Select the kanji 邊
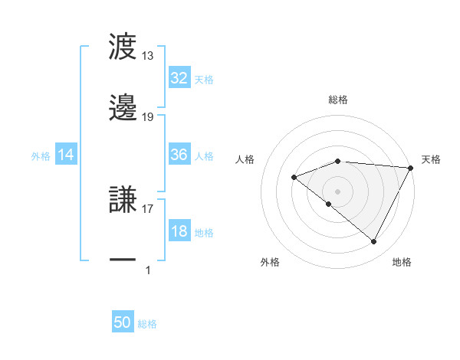(x=123, y=108)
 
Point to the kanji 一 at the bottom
(x=123, y=260)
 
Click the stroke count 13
(x=148, y=56)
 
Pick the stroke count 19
(x=148, y=116)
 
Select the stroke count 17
(x=148, y=208)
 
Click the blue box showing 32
(x=179, y=78)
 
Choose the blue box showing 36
(x=179, y=155)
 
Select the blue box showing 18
(x=179, y=231)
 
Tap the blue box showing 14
(x=66, y=155)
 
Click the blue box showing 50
(x=123, y=322)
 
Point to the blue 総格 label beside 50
(x=147, y=324)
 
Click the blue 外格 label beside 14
(x=41, y=156)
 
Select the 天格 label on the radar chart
(x=431, y=159)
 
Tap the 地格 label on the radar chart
(x=402, y=262)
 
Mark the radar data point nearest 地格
(x=374, y=242)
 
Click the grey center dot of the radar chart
(x=338, y=190)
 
